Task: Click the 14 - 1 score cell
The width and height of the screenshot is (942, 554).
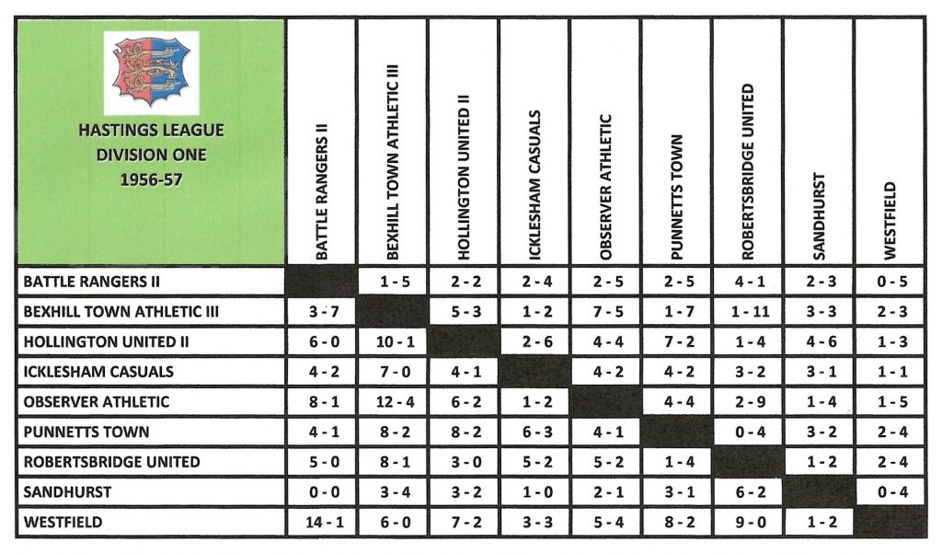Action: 321,523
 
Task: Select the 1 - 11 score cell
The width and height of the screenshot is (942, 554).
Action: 747,312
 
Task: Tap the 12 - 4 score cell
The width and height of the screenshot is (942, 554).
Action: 392,402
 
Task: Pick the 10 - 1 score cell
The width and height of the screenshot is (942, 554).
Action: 392,342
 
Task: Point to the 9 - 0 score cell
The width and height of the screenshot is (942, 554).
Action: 747,523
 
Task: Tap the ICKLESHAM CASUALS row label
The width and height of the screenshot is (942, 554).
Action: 98,372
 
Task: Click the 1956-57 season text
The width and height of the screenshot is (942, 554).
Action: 152,180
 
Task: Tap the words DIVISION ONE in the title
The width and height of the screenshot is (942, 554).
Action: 152,156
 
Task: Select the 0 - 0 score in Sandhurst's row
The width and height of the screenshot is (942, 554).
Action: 321,492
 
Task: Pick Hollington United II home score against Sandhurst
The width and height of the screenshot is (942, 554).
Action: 818,342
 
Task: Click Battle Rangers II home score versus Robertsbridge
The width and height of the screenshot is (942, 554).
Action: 747,282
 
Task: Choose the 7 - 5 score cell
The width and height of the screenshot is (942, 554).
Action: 605,312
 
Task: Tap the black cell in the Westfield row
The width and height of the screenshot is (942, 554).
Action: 890,523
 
